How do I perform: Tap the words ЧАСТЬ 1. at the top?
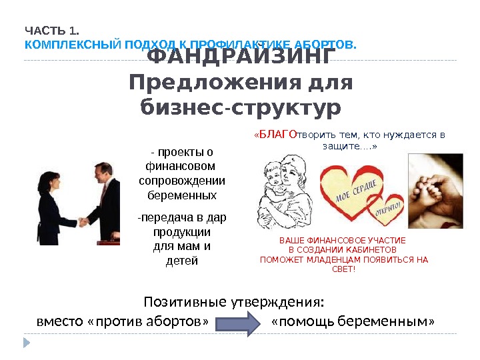point(51,31)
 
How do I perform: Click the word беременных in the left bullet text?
point(181,195)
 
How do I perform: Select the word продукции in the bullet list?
point(181,233)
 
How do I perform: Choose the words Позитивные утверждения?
point(234,302)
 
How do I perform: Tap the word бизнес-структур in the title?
point(240,107)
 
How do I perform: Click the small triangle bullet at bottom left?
point(27,343)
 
